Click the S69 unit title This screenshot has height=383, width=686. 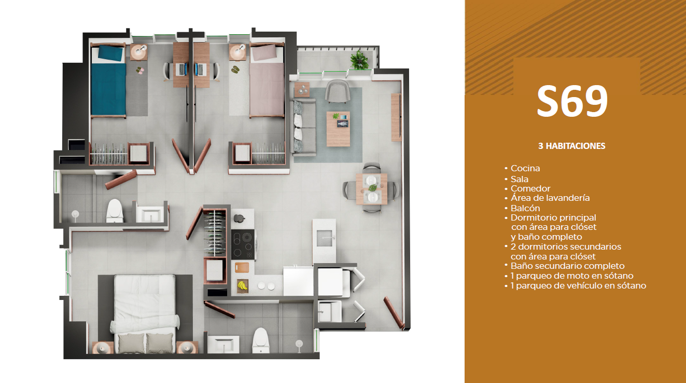coord(572,101)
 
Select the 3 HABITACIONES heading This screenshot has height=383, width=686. coord(572,146)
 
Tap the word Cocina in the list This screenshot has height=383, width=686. coord(525,168)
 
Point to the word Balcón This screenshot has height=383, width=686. coord(525,208)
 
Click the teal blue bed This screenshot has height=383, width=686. coord(108,80)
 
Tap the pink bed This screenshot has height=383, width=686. coord(267,80)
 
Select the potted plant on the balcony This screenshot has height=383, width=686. coord(359,60)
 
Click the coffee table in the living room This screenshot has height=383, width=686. coord(339,129)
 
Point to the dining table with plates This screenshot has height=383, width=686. coord(371,189)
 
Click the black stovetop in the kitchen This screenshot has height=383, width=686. coord(243,244)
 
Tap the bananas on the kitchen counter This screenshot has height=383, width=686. coord(243,285)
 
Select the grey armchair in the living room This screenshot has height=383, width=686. coord(337,91)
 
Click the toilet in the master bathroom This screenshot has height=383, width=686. coord(260,340)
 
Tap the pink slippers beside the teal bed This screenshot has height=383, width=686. coord(140,71)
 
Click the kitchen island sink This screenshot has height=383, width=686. coord(324,238)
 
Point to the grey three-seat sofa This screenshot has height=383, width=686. coord(303,127)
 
